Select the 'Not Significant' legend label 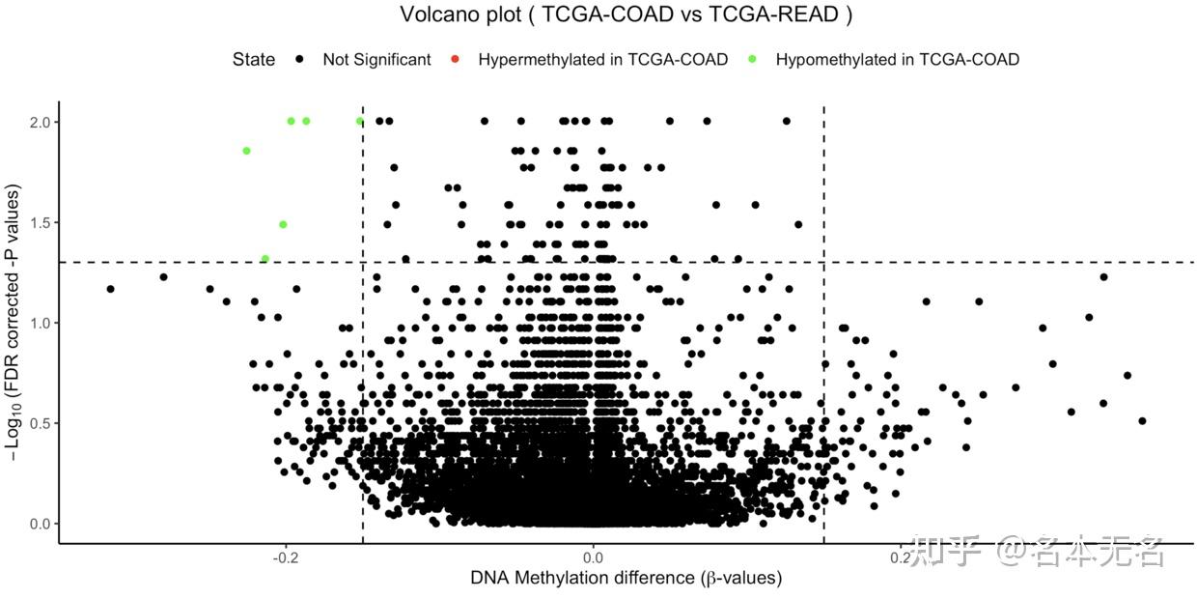pos(376,60)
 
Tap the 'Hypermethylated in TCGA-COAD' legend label pos(602,60)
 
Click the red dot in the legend pos(457,60)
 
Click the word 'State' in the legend pos(254,60)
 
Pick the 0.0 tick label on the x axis pos(593,557)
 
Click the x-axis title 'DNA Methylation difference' pos(626,579)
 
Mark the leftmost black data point pos(110,289)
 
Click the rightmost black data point pos(1142,420)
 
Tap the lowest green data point pos(264,259)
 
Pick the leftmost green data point pos(246,151)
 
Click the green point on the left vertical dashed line pos(360,122)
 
